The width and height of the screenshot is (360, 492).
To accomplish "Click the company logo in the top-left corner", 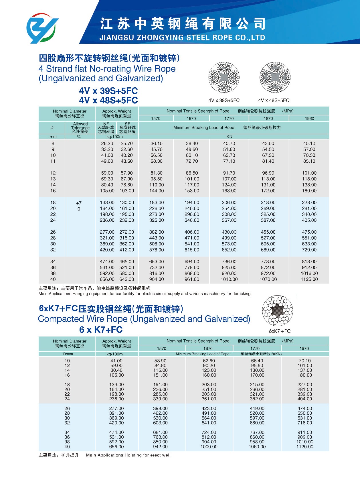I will (42, 28).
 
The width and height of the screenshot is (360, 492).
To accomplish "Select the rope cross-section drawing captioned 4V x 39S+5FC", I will (224, 77).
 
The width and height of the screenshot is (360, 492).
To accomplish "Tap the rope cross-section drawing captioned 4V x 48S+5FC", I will (275, 77).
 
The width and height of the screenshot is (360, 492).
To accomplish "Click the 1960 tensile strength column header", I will (309, 119).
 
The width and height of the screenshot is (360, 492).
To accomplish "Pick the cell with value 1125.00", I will (309, 279).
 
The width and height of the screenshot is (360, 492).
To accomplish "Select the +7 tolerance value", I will (79, 203).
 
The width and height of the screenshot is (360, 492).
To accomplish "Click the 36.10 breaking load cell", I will (157, 143).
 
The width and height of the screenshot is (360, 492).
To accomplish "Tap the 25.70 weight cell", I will (126, 143).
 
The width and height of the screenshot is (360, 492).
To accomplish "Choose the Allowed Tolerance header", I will (80, 127).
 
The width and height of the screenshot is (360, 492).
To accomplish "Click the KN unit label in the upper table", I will (230, 137).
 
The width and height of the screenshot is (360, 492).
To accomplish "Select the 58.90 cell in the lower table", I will (160, 361).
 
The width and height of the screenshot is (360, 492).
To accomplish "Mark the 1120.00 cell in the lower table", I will (305, 447).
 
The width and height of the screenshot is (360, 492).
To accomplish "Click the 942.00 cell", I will (160, 447).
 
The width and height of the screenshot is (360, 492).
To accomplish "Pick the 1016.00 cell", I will (309, 273).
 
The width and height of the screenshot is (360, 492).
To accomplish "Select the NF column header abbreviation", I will (106, 124).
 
